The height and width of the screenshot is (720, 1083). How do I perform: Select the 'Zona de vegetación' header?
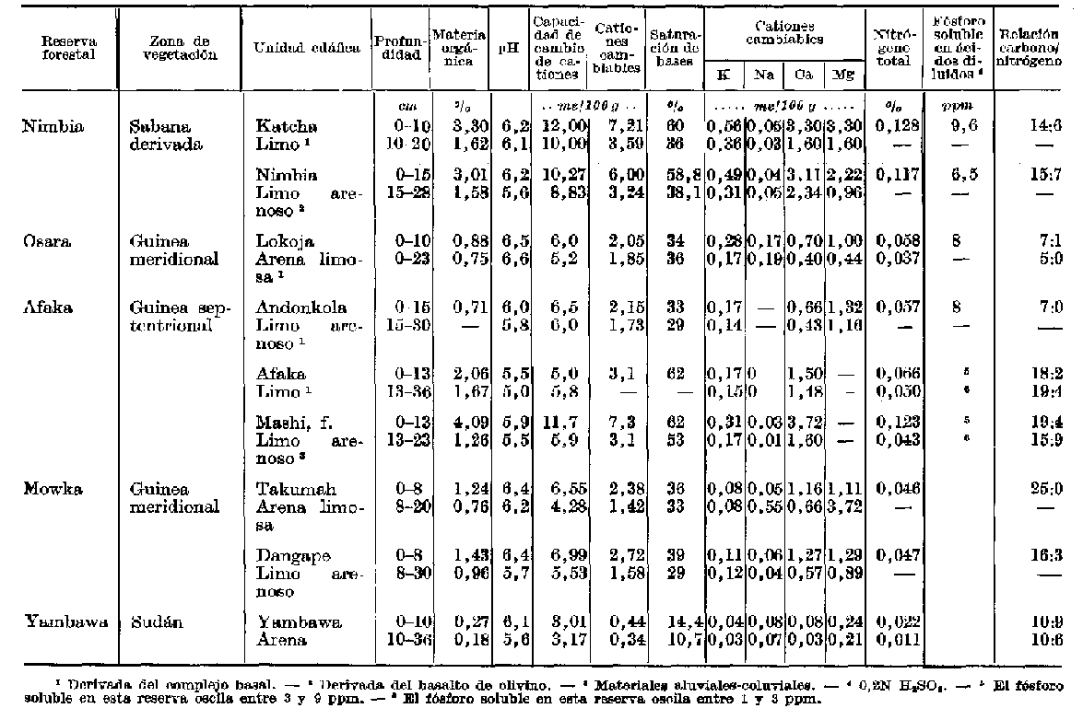coord(178,48)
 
